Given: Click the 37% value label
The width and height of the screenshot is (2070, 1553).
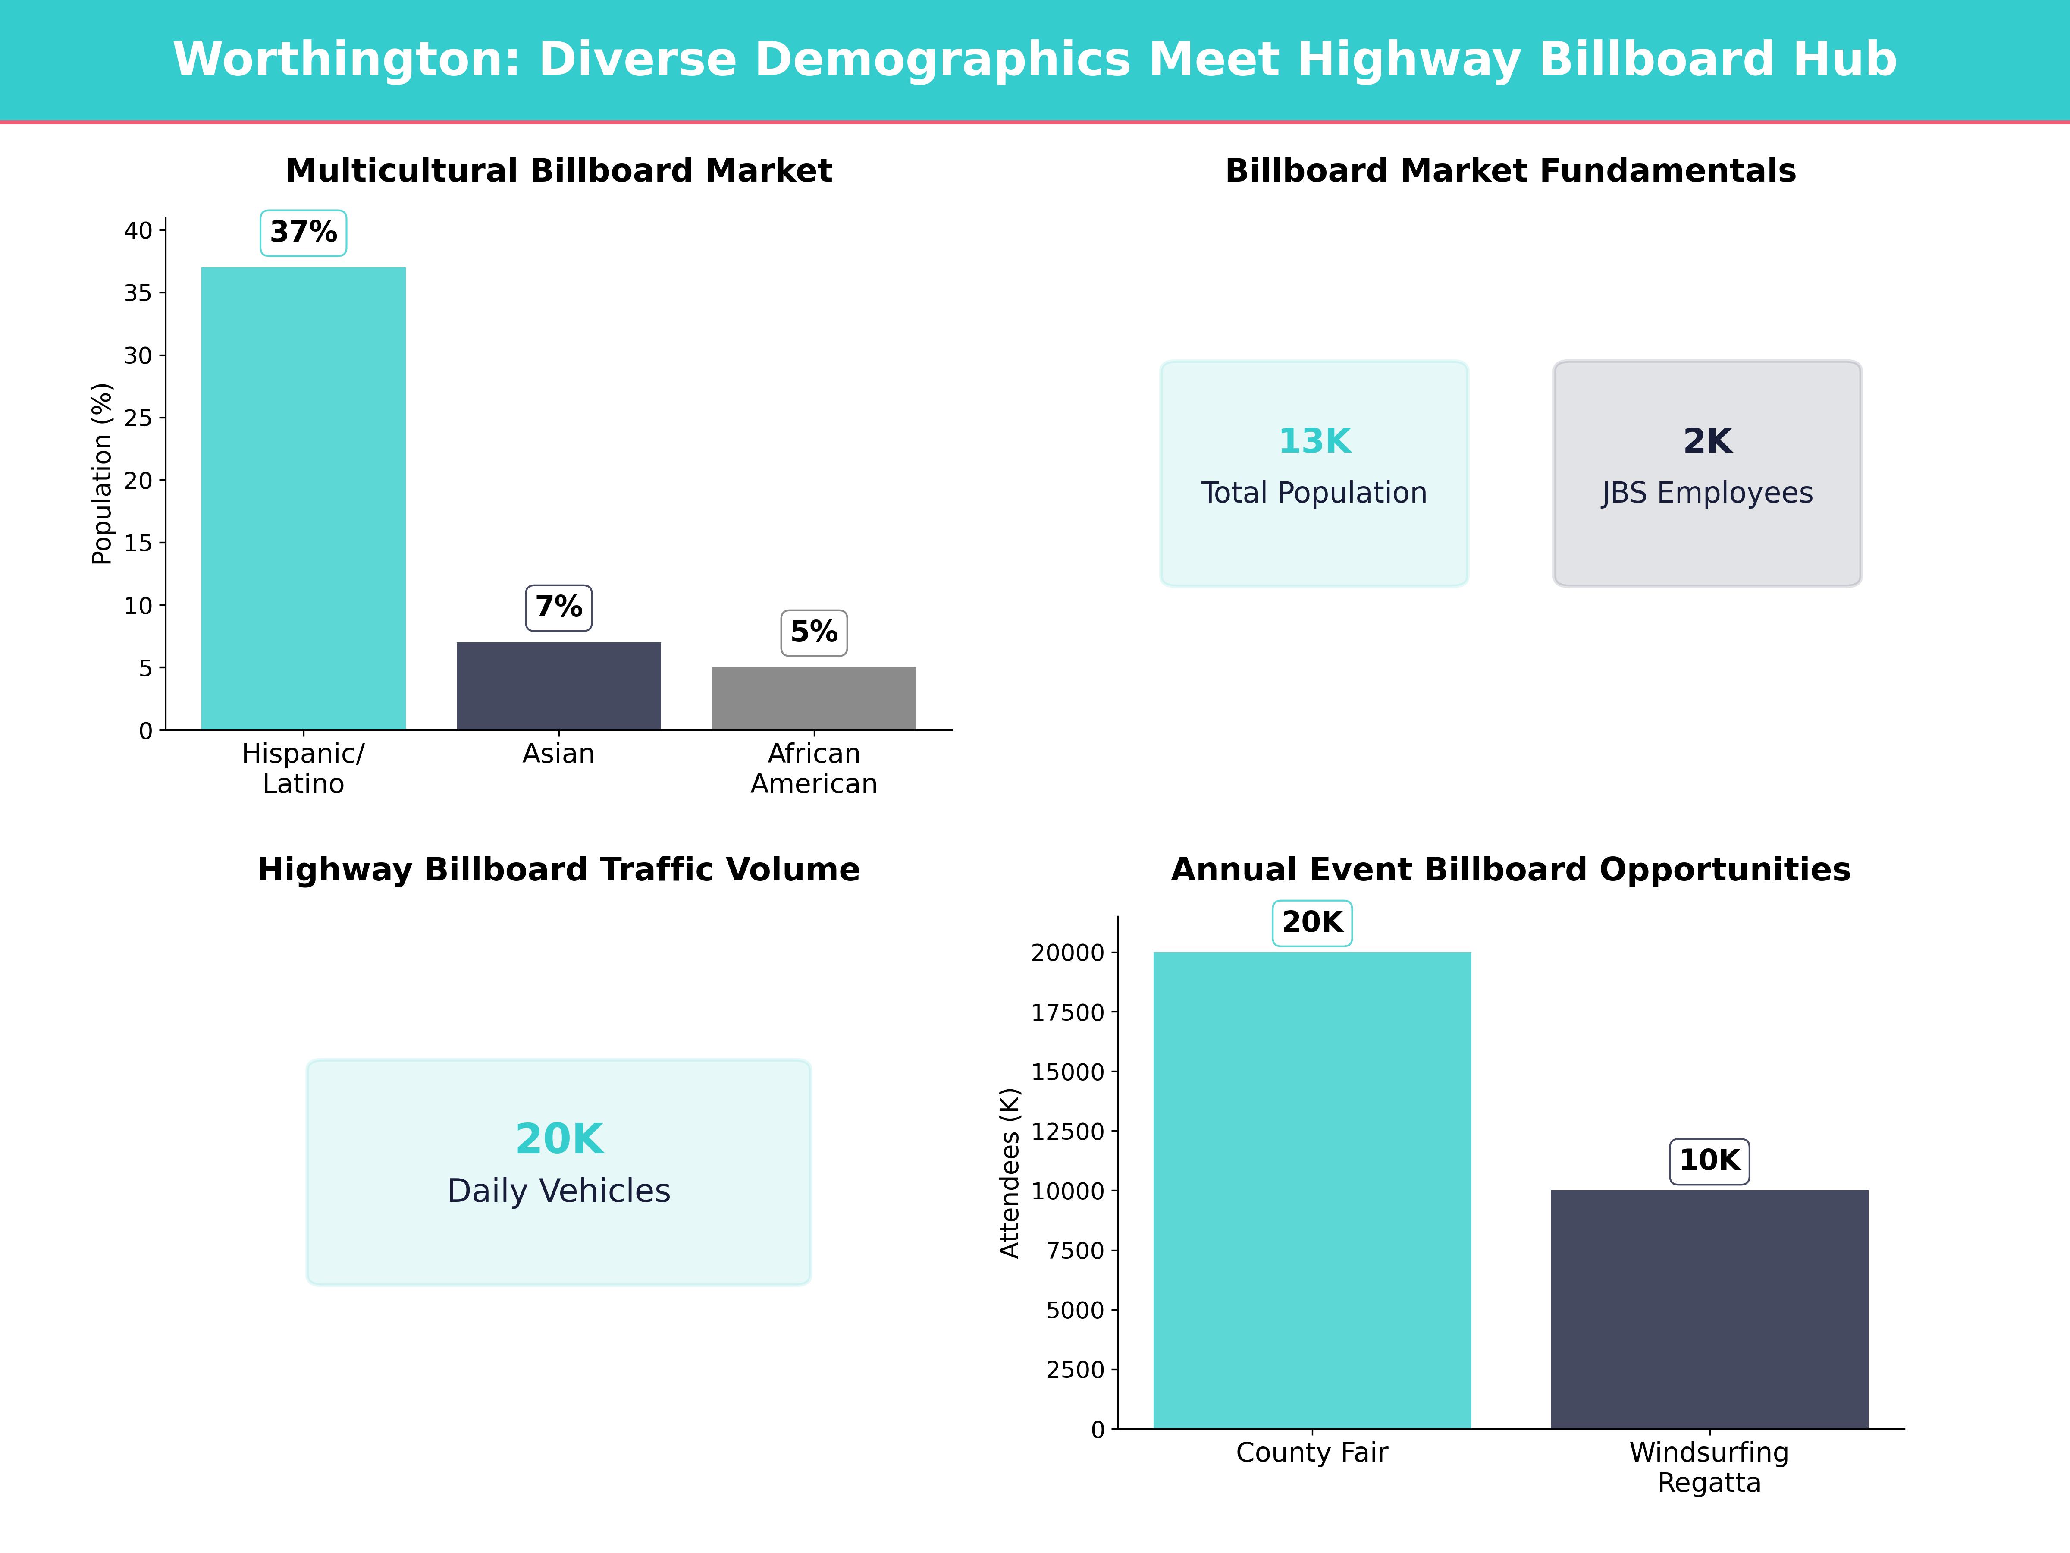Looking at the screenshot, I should pos(303,232).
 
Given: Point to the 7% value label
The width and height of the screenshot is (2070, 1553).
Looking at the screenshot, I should pos(558,607).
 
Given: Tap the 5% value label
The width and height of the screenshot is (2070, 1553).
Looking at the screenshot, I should pos(814,633).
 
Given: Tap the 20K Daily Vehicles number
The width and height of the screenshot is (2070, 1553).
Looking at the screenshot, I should pos(558,1139).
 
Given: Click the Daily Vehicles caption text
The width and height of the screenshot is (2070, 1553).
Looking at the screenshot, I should pos(558,1191).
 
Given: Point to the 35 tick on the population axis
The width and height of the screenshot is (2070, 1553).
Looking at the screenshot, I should pos(138,293).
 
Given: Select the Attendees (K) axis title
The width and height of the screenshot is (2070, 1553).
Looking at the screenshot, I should pos(1009,1173).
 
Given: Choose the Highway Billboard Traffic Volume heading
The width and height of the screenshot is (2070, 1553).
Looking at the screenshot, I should pos(558,870).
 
